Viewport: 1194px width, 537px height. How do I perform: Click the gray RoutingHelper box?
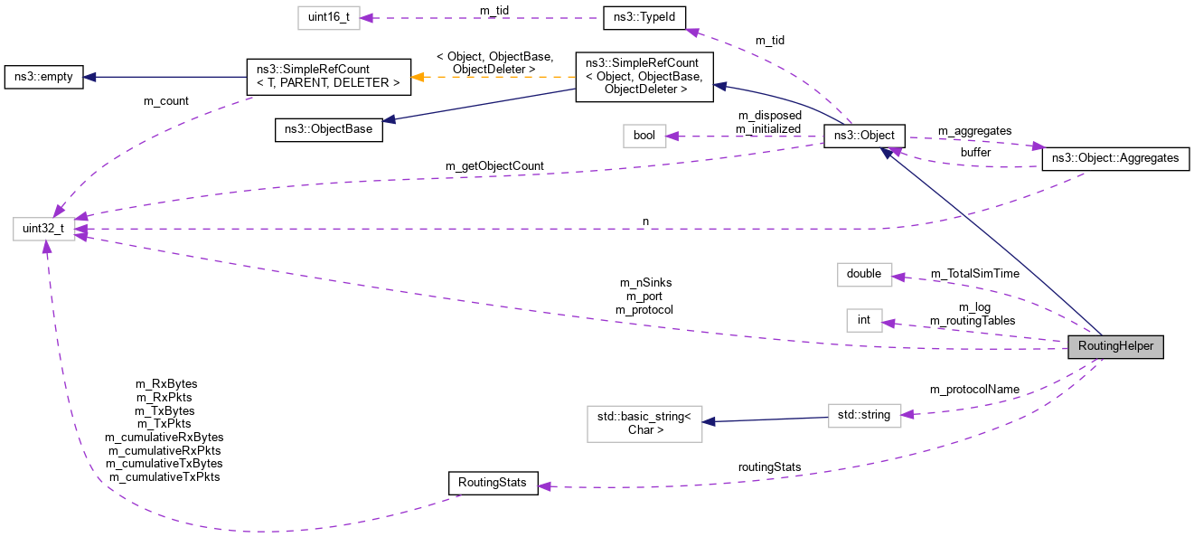pos(1114,347)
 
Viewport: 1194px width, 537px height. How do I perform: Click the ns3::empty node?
pos(43,77)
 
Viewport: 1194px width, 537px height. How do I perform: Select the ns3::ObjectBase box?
pos(329,129)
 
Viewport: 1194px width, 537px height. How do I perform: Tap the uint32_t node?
pos(43,228)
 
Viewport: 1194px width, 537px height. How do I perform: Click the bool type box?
pos(644,137)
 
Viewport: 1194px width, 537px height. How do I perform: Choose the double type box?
pos(864,273)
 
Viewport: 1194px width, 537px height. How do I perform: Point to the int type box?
pos(863,320)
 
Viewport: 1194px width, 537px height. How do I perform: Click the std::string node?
pos(864,416)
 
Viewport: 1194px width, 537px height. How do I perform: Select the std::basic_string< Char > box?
pos(644,423)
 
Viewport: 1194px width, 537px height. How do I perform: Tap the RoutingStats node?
pos(493,483)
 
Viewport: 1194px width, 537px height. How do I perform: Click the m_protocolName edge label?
pos(974,390)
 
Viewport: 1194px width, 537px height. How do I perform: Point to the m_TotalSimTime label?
pos(974,273)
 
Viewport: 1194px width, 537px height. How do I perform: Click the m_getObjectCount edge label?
pos(494,166)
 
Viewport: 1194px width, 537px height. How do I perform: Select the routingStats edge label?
pos(769,467)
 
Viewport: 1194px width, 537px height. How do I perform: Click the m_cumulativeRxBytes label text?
pos(165,437)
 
